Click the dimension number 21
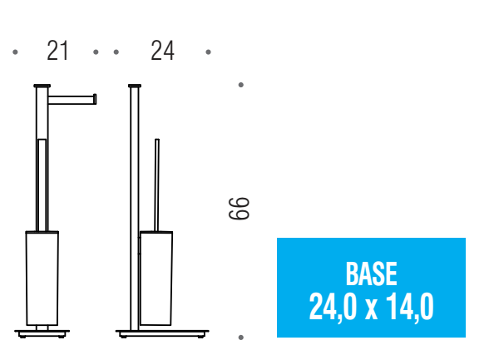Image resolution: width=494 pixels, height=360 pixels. [57, 51]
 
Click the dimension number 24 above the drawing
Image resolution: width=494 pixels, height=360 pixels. [162, 51]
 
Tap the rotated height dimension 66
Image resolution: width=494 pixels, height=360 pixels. [239, 209]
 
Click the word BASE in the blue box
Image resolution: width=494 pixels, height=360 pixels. [371, 274]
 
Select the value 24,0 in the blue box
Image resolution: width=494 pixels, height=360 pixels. [333, 307]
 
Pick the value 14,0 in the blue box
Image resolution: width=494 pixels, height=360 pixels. [410, 307]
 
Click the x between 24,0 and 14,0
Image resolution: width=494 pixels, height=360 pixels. [371, 310]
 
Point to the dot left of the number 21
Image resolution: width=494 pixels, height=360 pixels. [15, 52]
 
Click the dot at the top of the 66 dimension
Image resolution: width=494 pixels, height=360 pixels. [241, 85]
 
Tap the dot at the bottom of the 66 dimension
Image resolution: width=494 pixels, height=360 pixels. [241, 338]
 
